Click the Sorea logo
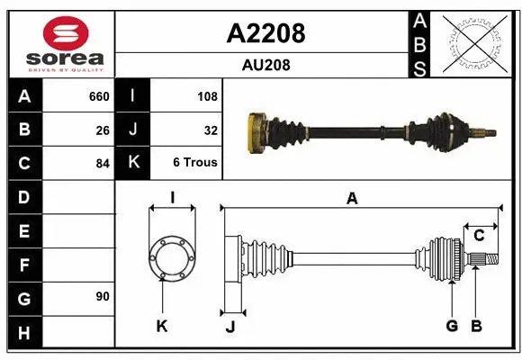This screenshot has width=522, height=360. point(58,42)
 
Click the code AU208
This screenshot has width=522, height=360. point(265,65)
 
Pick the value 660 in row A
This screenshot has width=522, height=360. point(99,96)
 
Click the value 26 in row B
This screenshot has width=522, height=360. point(103,130)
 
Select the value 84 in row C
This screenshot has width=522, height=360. point(103,164)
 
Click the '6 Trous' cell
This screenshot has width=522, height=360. point(195,164)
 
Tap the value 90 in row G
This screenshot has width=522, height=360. point(103,296)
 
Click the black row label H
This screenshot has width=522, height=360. point(23,332)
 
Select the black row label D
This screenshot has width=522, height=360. point(23,197)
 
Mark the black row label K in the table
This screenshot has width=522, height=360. point(133,164)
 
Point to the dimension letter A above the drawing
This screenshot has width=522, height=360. point(352,199)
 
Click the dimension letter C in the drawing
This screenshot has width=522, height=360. point(479,236)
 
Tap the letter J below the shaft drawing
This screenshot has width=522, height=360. point(230,327)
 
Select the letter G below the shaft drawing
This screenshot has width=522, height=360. point(452,326)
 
